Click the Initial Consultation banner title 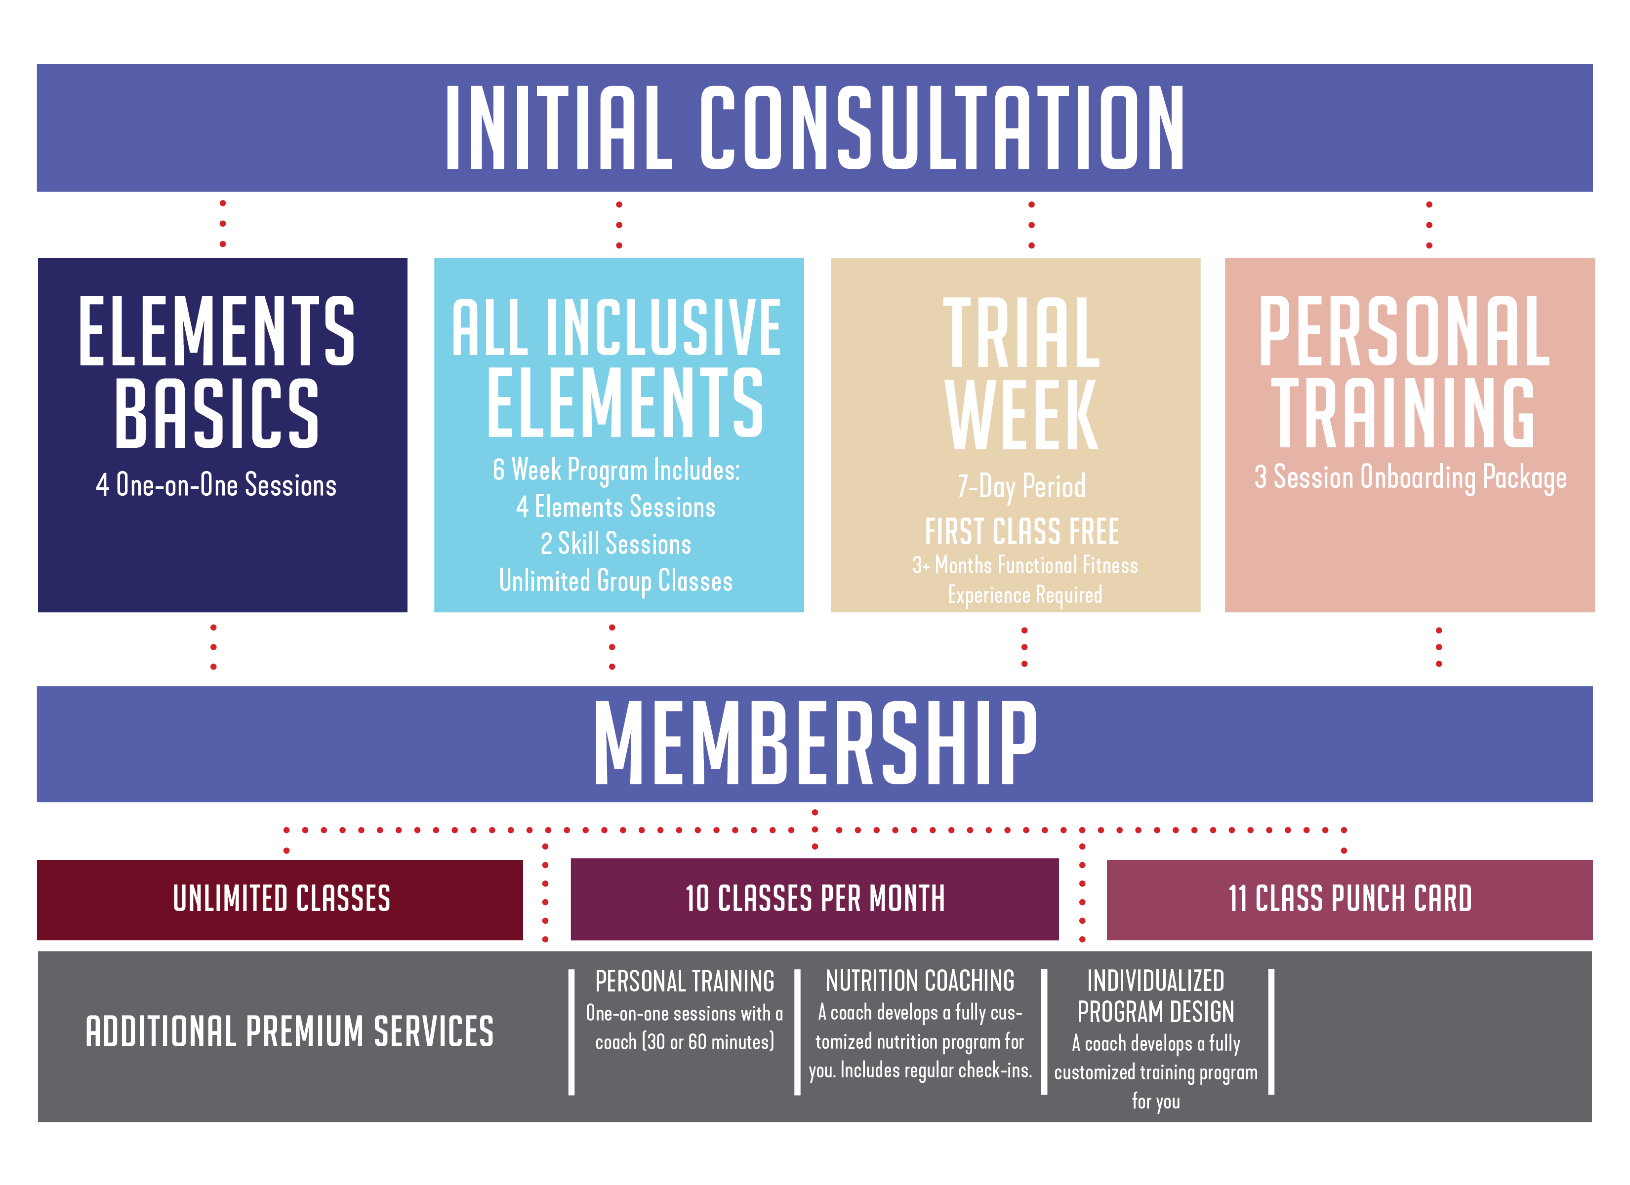pyautogui.click(x=815, y=127)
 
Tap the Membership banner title pyautogui.click(x=815, y=743)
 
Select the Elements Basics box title pyautogui.click(x=216, y=371)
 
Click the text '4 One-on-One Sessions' pyautogui.click(x=216, y=485)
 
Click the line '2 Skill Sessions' pyautogui.click(x=616, y=544)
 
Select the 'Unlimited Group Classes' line pyautogui.click(x=616, y=581)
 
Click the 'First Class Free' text pyautogui.click(x=1021, y=532)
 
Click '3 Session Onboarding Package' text pyautogui.click(x=1410, y=478)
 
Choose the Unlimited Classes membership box pyautogui.click(x=280, y=900)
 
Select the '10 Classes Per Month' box pyautogui.click(x=815, y=899)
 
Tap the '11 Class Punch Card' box pyautogui.click(x=1350, y=900)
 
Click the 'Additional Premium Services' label pyautogui.click(x=289, y=1032)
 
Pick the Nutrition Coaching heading pyautogui.click(x=920, y=981)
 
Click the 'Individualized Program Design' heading pyautogui.click(x=1156, y=996)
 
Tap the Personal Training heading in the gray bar pyautogui.click(x=685, y=982)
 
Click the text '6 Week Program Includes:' pyautogui.click(x=616, y=470)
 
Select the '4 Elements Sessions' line pyautogui.click(x=616, y=507)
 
